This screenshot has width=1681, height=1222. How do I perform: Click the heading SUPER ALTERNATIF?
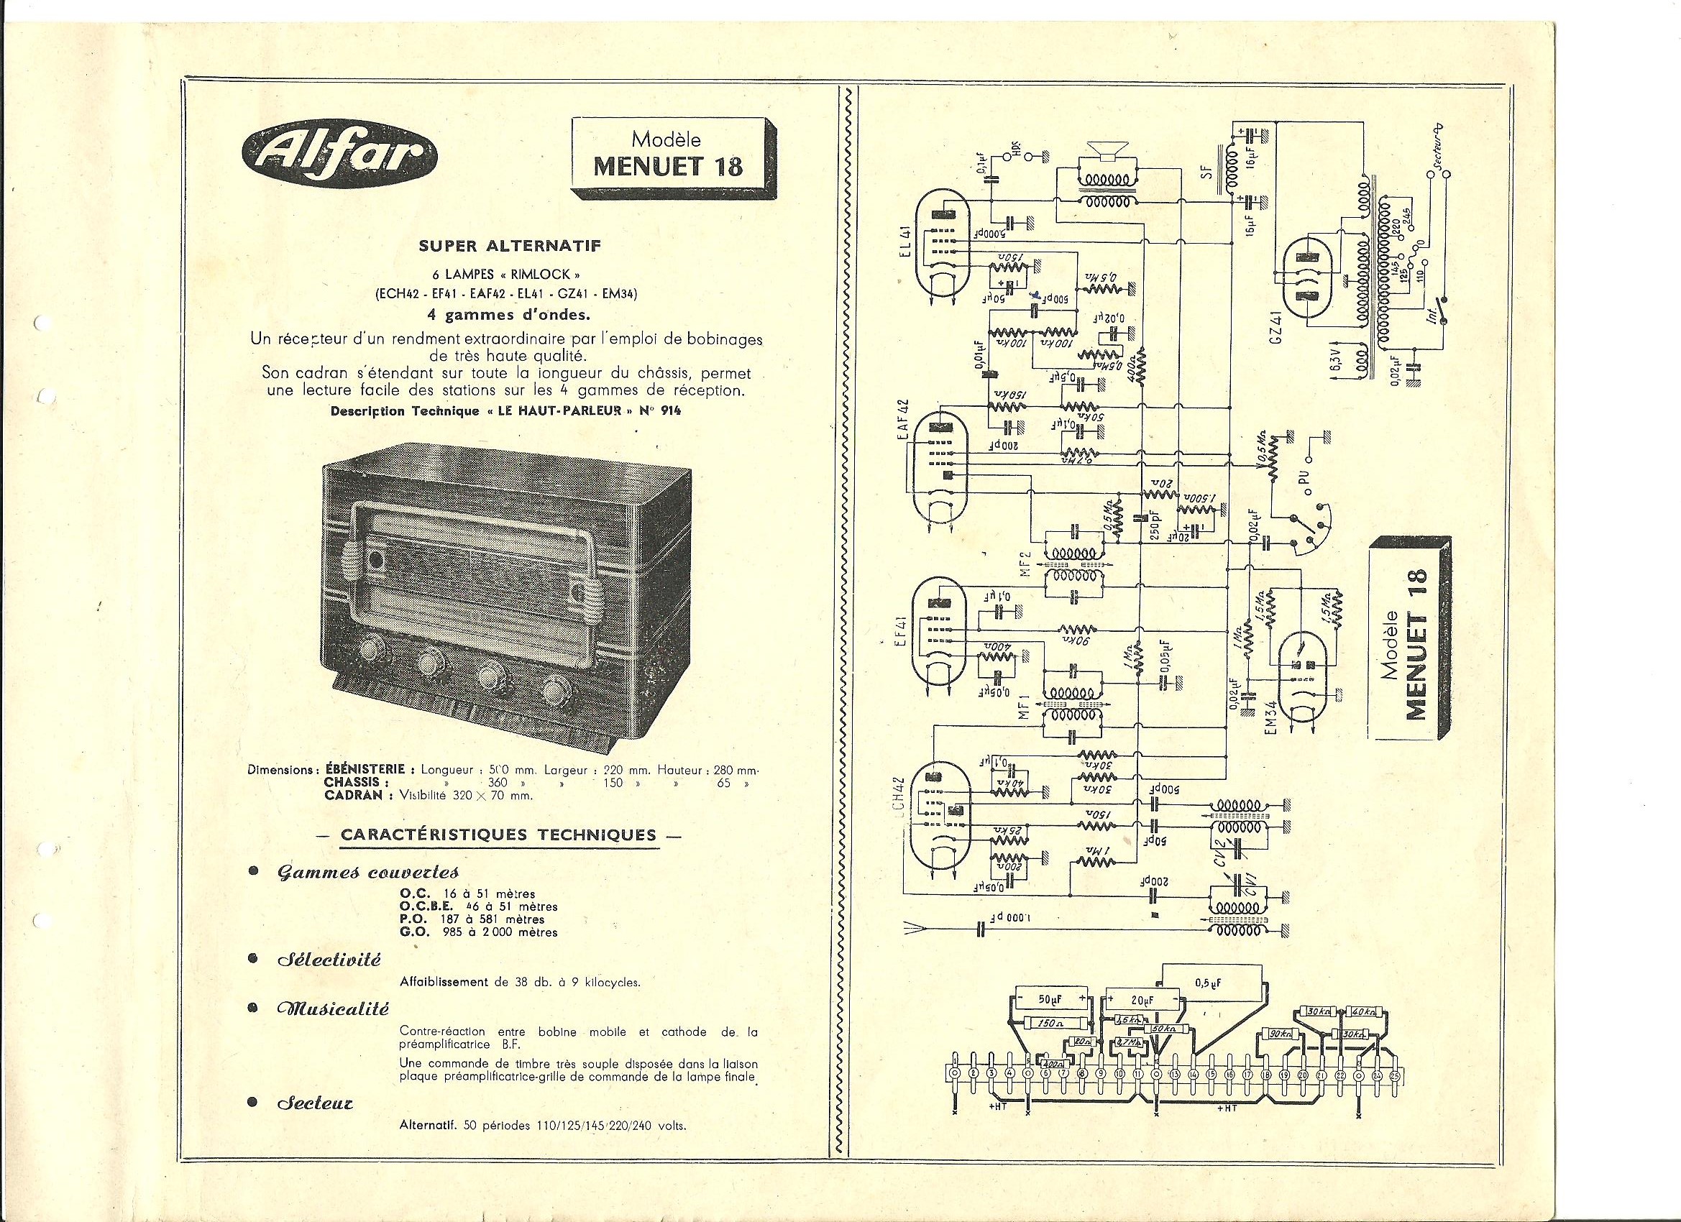point(509,246)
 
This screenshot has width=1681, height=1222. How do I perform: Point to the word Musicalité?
point(333,1009)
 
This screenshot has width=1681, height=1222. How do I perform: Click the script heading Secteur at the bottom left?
point(316,1103)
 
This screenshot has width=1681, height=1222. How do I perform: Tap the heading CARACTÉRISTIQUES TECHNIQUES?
point(498,835)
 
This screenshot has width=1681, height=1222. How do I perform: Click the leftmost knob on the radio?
point(369,651)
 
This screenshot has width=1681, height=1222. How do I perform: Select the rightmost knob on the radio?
point(554,690)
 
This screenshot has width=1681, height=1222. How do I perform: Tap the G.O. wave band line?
point(478,932)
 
